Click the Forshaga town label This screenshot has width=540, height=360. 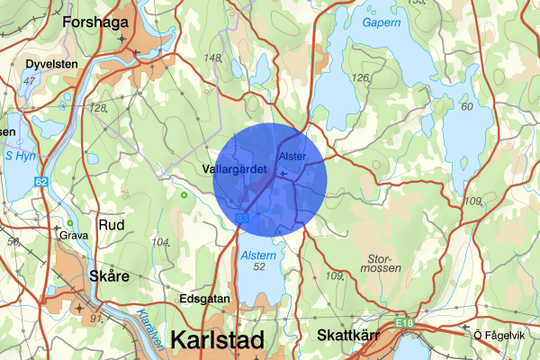tap(98, 21)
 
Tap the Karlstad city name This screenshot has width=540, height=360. tap(217, 341)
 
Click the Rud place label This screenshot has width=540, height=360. tap(112, 224)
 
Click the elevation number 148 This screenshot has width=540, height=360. tap(213, 58)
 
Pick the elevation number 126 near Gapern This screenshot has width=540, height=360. tap(361, 78)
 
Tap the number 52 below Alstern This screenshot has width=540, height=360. tap(259, 268)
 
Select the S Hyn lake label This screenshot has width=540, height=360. tap(20, 156)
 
